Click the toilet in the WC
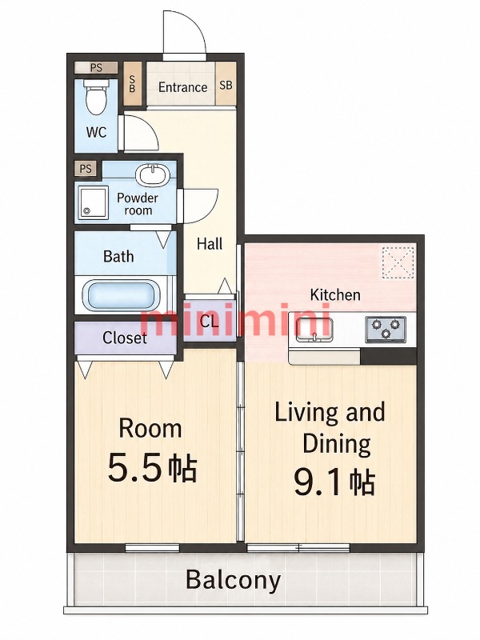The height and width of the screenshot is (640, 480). click(x=97, y=97)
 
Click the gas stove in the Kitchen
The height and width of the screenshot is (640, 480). click(x=386, y=329)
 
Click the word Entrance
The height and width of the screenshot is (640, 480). click(x=182, y=87)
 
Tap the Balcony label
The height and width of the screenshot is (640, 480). click(x=234, y=581)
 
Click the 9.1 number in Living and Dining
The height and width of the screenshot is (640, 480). click(x=321, y=484)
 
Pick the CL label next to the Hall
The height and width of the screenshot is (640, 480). click(x=210, y=322)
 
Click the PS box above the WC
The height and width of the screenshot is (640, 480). click(x=96, y=67)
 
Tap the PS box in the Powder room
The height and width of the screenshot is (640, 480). click(x=86, y=169)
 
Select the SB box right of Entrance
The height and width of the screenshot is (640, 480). click(x=226, y=85)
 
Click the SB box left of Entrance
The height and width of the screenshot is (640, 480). click(x=133, y=84)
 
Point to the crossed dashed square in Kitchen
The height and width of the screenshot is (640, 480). click(x=398, y=262)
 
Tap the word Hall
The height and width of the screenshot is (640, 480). click(x=210, y=244)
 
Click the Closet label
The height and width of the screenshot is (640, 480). click(x=125, y=338)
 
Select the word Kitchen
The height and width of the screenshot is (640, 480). click(x=335, y=294)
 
